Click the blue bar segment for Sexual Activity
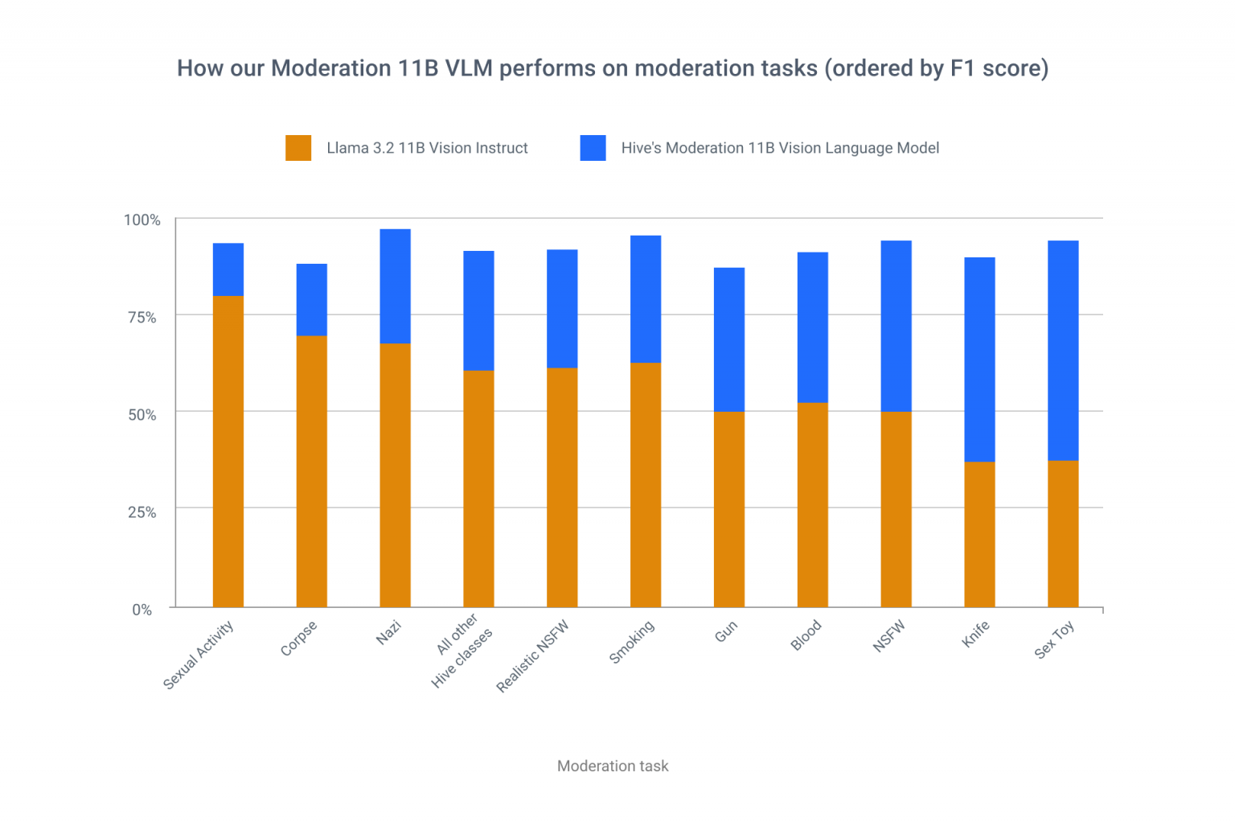tap(228, 269)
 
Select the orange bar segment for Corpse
tap(312, 471)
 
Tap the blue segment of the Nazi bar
tap(395, 286)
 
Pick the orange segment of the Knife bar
tap(979, 534)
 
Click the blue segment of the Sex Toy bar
tap(1063, 351)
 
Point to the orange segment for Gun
tap(729, 509)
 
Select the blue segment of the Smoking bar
tap(646, 299)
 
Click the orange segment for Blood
tap(812, 504)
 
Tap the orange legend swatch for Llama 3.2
tap(298, 148)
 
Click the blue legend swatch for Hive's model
tap(593, 148)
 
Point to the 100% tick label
tap(142, 220)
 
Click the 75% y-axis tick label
tap(142, 317)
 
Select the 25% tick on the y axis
tap(142, 512)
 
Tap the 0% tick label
tap(142, 610)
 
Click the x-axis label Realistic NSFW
tap(533, 655)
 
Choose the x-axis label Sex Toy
tap(1054, 640)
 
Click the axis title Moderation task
tap(613, 766)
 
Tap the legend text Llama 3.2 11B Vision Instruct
tap(427, 148)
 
